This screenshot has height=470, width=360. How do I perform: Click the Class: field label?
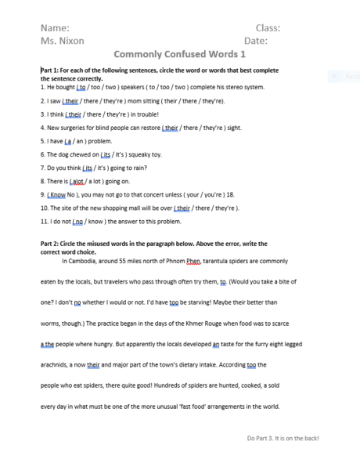click(x=268, y=27)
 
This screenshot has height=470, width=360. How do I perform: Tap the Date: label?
click(x=256, y=41)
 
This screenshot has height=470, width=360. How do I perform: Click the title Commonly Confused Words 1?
click(x=180, y=56)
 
